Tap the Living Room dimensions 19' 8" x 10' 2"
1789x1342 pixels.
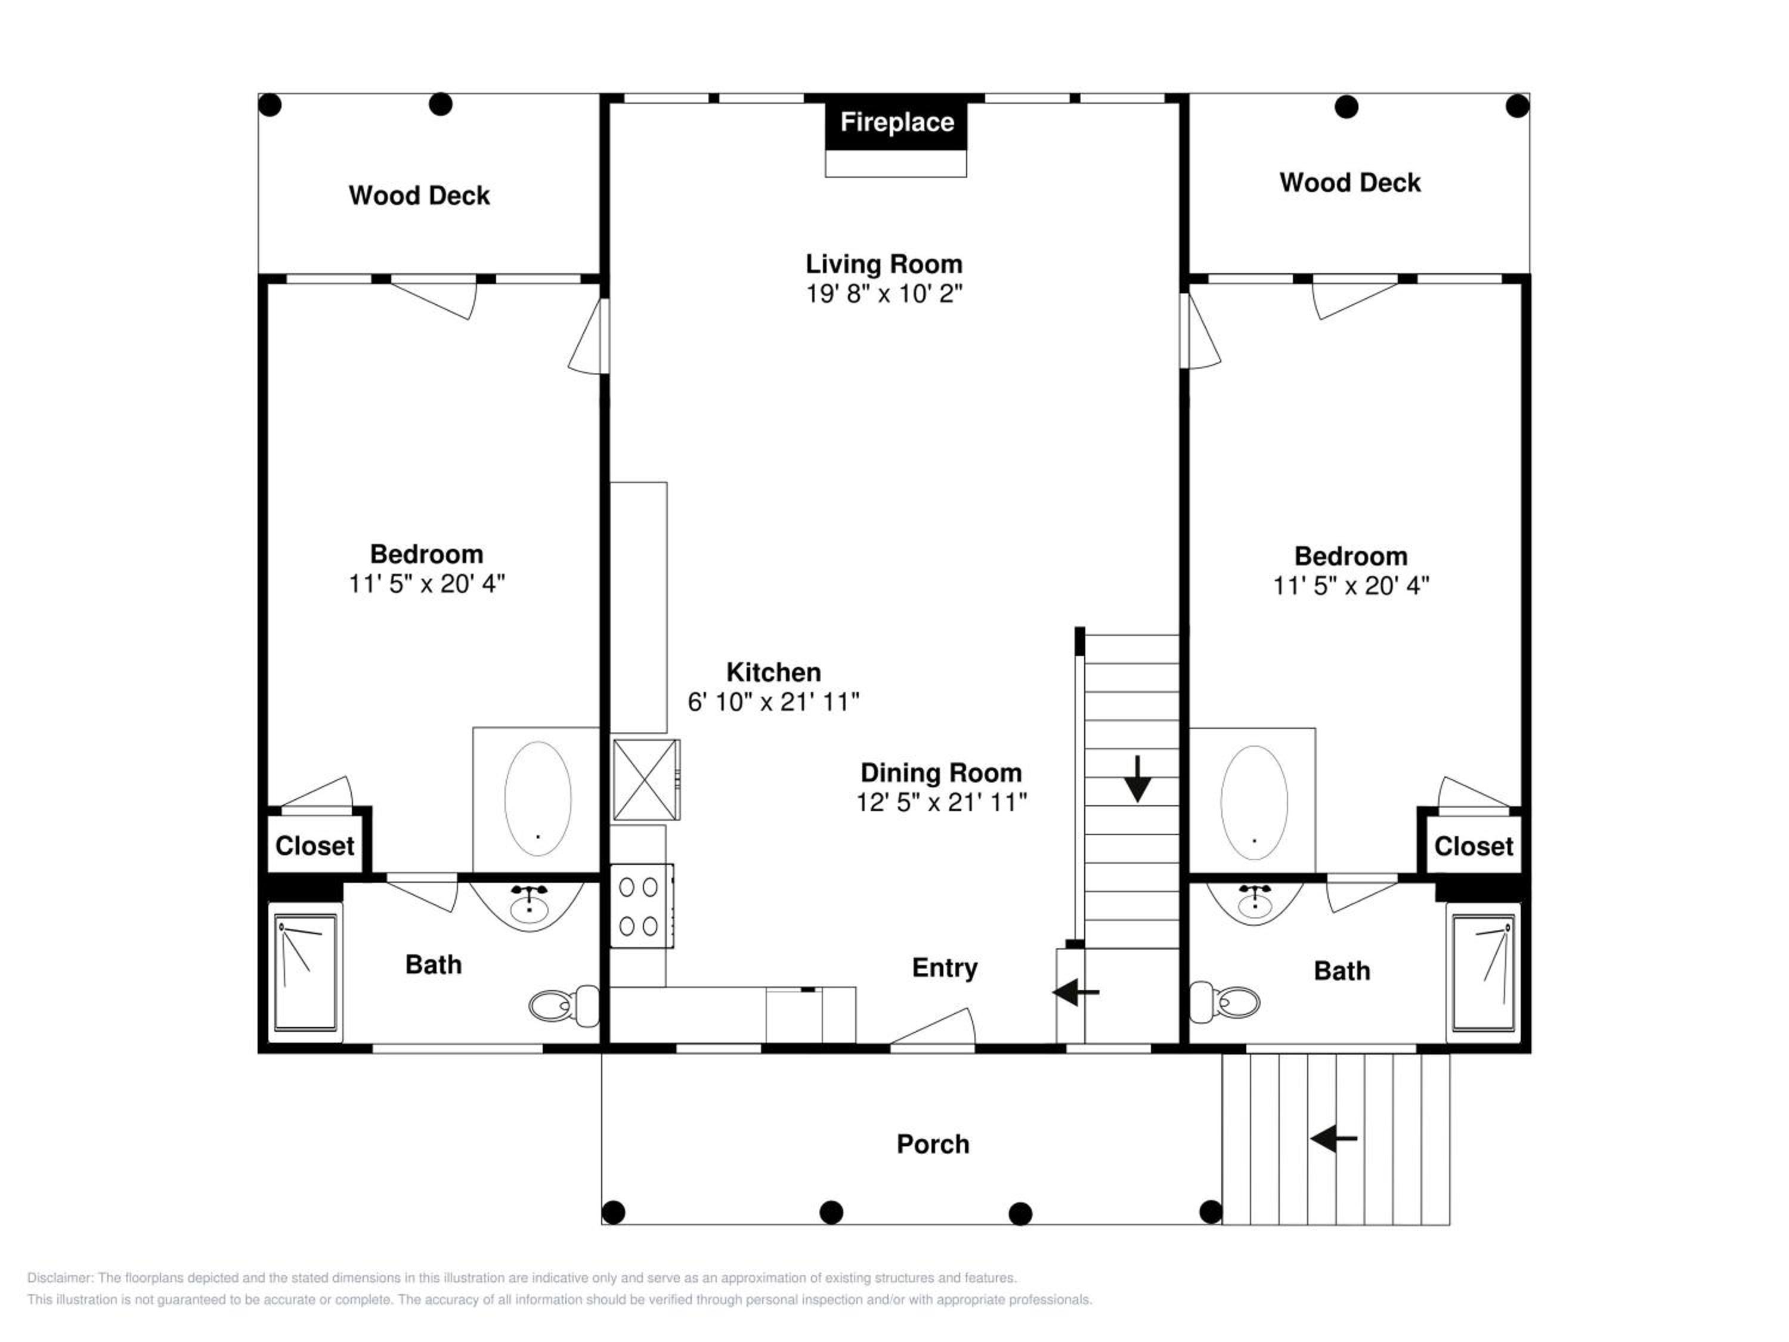pyautogui.click(x=884, y=293)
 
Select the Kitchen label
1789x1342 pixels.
pyautogui.click(x=773, y=672)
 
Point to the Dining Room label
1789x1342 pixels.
pyautogui.click(x=940, y=772)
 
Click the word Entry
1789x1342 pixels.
pyautogui.click(x=945, y=967)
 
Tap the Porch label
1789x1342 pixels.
pyautogui.click(x=933, y=1144)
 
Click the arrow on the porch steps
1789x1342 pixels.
pyautogui.click(x=1333, y=1139)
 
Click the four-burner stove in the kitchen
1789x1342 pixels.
pyautogui.click(x=641, y=905)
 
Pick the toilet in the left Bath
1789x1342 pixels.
pyautogui.click(x=564, y=1004)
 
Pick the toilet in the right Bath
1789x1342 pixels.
pyautogui.click(x=1224, y=1001)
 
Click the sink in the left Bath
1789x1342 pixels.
pyautogui.click(x=528, y=904)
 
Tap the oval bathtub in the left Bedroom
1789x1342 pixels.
pyautogui.click(x=538, y=799)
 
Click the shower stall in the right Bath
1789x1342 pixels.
pyautogui.click(x=1483, y=973)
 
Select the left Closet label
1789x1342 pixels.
pyautogui.click(x=315, y=846)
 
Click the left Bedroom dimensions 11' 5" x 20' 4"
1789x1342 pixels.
pyautogui.click(x=426, y=583)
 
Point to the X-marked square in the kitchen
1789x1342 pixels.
pyautogui.click(x=645, y=780)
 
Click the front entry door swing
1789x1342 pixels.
pyautogui.click(x=933, y=1027)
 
